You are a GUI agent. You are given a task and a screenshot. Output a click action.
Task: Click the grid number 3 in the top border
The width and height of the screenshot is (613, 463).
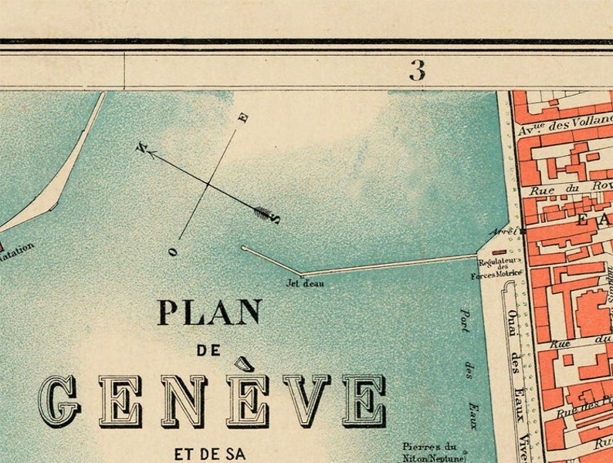pos(417,71)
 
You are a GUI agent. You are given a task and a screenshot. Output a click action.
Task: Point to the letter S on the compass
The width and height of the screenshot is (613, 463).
pos(276,219)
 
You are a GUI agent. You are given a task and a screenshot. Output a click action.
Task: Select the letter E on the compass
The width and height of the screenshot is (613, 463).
pos(244,118)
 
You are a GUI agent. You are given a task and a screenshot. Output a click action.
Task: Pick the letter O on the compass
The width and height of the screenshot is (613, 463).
pos(174,251)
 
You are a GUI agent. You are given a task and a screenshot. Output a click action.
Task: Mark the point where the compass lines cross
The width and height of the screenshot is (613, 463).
pos(209,184)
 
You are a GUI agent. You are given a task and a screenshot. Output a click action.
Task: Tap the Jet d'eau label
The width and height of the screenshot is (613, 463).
pos(306,283)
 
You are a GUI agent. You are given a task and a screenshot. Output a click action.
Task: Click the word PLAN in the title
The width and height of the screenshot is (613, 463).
pos(209,313)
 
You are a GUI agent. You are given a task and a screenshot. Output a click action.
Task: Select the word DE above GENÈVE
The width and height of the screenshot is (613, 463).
pos(208,350)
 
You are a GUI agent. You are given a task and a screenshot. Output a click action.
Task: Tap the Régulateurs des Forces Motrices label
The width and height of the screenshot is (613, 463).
pos(498,266)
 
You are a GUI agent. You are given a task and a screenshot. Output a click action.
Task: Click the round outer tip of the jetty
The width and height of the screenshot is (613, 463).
pos(244,248)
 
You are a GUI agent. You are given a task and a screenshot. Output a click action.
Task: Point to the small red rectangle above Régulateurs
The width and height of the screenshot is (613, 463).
pos(499,252)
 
